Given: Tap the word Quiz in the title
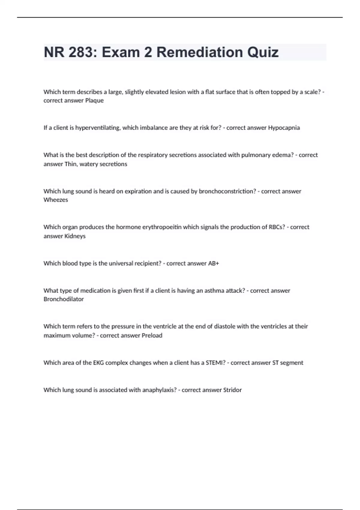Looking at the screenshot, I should coord(263,52).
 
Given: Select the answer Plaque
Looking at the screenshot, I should coord(94,100).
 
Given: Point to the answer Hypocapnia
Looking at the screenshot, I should coord(284,128).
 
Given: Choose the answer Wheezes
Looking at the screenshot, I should coord(56,200).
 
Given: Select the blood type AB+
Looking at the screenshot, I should coord(213,263).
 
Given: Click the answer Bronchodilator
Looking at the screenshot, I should coord(64,299).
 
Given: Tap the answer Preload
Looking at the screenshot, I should coord(152,335).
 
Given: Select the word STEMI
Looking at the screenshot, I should coord(215,363).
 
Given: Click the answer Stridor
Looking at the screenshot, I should coord(232,390).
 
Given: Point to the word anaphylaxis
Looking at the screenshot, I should coord(159,390).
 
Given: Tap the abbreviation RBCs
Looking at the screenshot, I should coord(277,227).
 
